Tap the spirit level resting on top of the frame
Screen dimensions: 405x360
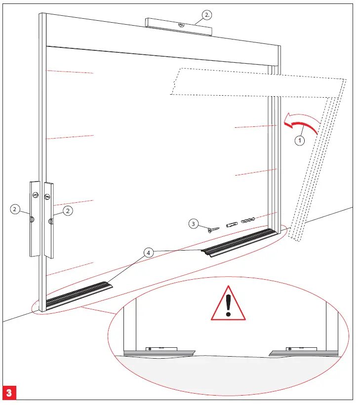point(179,27)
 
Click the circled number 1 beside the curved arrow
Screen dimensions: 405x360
point(299,140)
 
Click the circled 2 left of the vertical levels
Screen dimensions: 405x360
point(15,210)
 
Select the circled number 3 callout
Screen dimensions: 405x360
point(194,224)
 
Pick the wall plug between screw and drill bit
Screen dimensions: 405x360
point(232,224)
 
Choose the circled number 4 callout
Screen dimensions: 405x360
point(148,253)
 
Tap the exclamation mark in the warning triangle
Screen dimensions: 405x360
point(228,305)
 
